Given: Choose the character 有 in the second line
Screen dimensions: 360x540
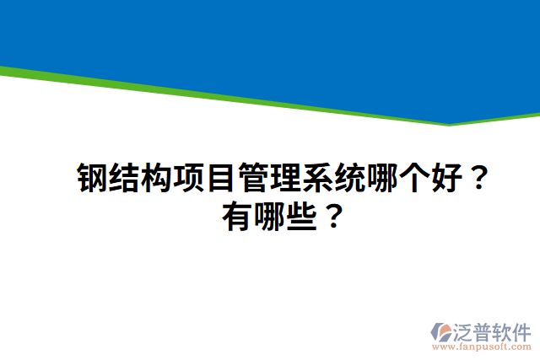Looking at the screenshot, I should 239,219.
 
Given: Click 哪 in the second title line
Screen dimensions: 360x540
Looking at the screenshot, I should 271,219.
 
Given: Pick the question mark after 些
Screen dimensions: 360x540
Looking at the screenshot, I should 333,219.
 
